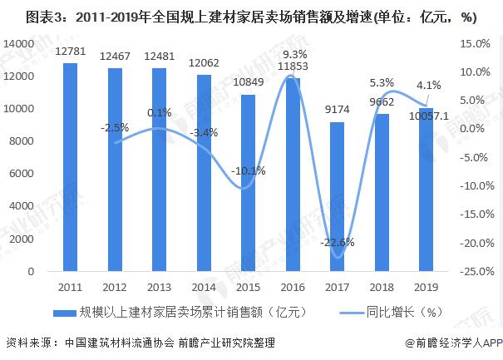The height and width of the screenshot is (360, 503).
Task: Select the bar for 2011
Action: [x=70, y=167]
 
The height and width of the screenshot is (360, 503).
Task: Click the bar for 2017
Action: [x=337, y=197]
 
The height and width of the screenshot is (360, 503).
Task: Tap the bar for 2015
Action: [x=248, y=183]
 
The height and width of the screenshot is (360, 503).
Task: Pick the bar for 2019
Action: [x=426, y=190]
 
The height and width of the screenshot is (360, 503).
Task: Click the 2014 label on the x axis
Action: [x=203, y=286]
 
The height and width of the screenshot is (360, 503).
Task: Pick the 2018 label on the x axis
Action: [x=382, y=286]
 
